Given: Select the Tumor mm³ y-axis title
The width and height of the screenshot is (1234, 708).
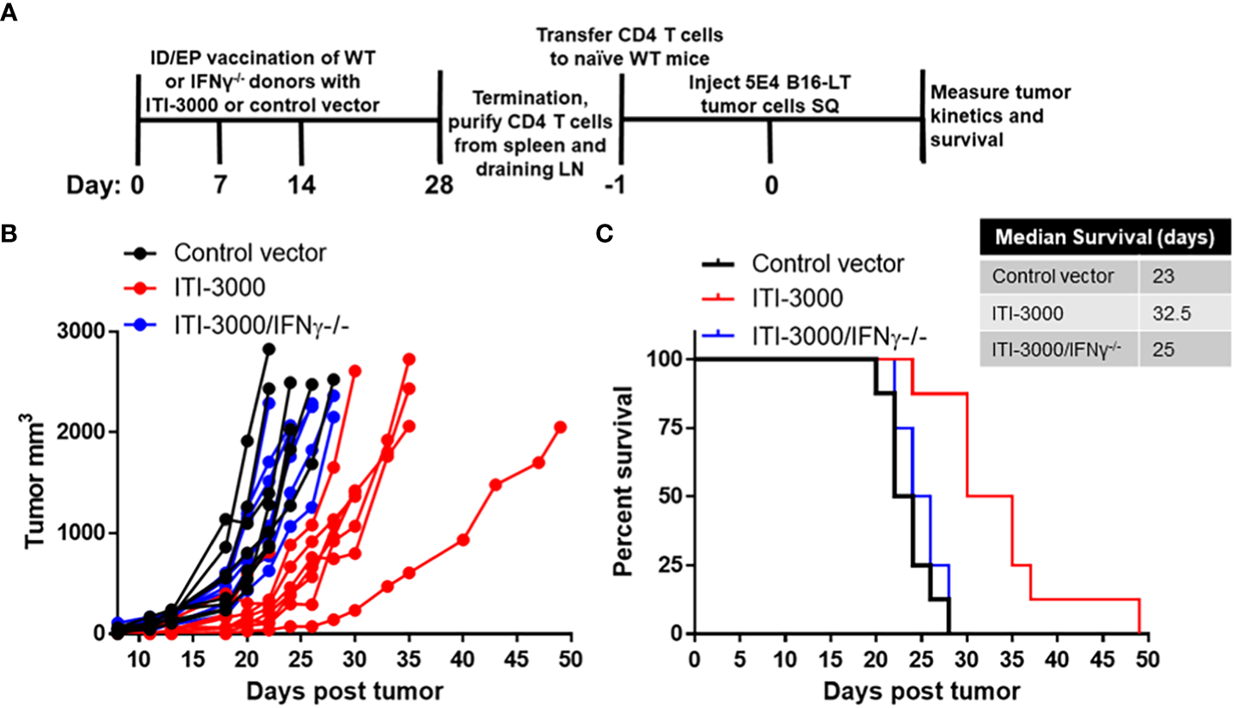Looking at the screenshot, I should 34,482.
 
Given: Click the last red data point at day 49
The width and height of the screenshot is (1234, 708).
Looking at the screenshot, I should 560,428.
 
